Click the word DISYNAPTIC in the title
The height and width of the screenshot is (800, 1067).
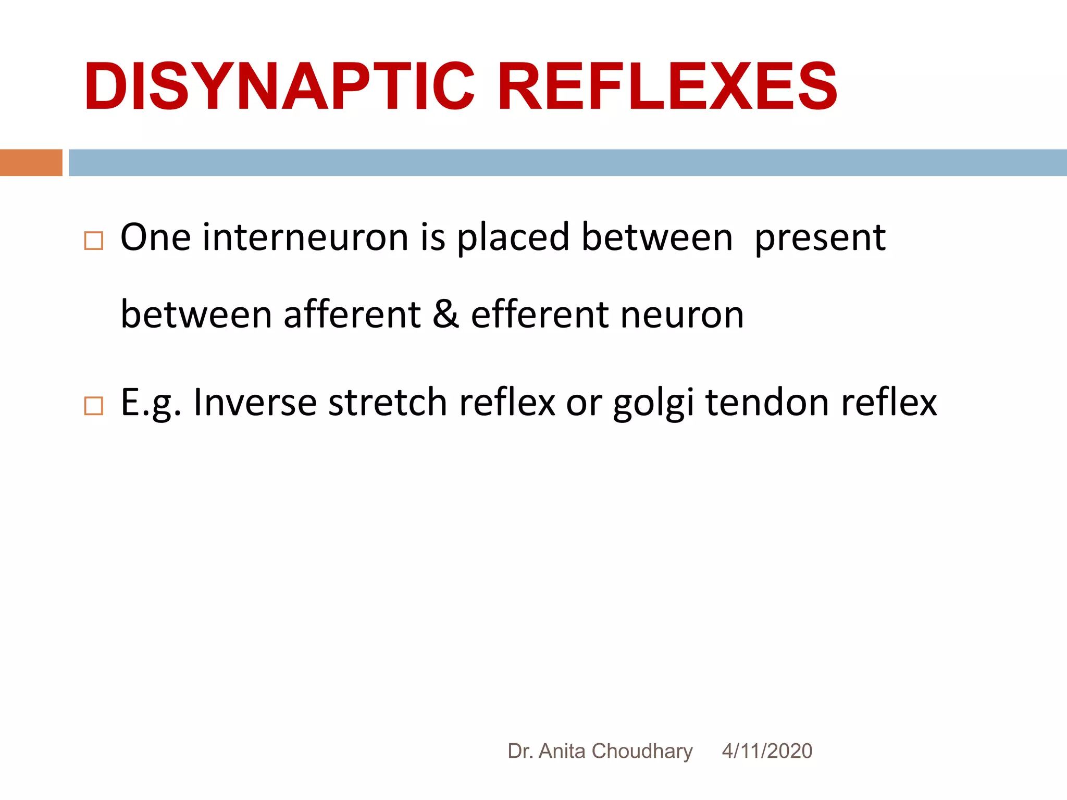[279, 86]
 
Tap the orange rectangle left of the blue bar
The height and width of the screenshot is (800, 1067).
[31, 162]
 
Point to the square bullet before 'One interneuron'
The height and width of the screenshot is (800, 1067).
[94, 241]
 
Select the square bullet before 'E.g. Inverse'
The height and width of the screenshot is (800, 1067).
[94, 406]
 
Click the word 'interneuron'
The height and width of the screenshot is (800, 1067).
[305, 238]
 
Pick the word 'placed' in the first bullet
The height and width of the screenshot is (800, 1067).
[513, 238]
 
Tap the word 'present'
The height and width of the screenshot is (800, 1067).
[820, 238]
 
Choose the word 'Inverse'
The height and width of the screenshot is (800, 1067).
[255, 403]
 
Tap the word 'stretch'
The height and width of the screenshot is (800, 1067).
[388, 403]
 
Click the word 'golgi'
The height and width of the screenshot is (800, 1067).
[653, 403]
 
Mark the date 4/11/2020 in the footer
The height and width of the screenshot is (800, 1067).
[767, 751]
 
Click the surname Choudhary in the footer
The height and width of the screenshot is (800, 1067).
[642, 751]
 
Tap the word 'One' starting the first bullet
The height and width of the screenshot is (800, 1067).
[155, 238]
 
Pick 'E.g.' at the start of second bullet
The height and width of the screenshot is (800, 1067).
[151, 403]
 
